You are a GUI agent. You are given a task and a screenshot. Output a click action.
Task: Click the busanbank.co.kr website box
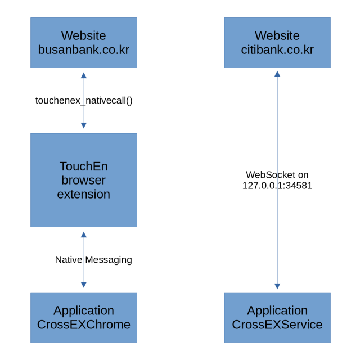(x=84, y=43)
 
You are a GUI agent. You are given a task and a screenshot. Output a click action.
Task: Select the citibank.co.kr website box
(x=277, y=43)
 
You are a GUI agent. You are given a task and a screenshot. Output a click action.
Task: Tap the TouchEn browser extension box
(x=84, y=180)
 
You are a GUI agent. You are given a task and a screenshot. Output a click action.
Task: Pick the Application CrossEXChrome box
(x=84, y=317)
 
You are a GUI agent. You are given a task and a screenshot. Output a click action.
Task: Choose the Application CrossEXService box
(x=277, y=317)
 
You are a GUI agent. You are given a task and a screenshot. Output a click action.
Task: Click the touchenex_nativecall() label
(x=84, y=101)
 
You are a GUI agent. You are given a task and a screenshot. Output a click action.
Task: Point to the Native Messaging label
(x=93, y=260)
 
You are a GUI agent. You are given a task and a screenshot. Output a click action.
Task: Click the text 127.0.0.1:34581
(x=277, y=186)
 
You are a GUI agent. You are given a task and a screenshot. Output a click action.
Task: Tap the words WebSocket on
(x=277, y=175)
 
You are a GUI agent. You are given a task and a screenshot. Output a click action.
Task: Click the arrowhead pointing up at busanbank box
(x=84, y=75)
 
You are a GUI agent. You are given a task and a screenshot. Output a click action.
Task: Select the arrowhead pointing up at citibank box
(x=277, y=74)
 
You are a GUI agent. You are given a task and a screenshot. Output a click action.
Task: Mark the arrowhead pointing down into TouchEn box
(x=84, y=125)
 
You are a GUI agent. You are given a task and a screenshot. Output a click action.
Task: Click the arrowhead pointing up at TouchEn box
(x=84, y=235)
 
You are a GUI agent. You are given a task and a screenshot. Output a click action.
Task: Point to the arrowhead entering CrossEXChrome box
(x=84, y=285)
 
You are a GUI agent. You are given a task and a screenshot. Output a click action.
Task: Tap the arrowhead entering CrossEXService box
(x=277, y=286)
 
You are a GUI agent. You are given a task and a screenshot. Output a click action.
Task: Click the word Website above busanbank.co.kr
(x=84, y=35)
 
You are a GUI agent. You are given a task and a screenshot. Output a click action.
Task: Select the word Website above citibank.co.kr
(x=277, y=35)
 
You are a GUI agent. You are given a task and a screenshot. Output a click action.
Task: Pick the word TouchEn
(x=84, y=166)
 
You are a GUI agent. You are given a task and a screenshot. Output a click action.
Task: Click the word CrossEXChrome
(x=84, y=325)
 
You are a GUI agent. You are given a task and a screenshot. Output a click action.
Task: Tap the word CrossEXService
(x=277, y=325)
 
